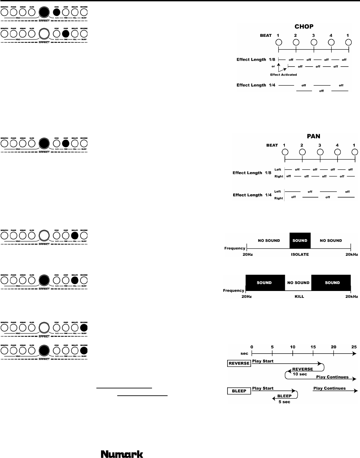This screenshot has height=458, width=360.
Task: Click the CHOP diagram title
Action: pyautogui.click(x=304, y=27)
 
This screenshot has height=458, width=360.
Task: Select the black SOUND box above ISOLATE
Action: pyautogui.click(x=300, y=241)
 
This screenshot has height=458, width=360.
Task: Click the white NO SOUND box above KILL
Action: pyautogui.click(x=298, y=283)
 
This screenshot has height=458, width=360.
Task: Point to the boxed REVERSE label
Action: pyautogui.click(x=239, y=363)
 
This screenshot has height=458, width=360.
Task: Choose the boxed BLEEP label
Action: pyautogui.click(x=239, y=391)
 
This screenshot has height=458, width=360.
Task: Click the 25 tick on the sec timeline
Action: pyautogui.click(x=354, y=347)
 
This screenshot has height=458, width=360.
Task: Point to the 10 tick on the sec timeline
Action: pyautogui.click(x=293, y=347)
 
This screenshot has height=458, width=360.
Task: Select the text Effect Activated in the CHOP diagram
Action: pyautogui.click(x=283, y=75)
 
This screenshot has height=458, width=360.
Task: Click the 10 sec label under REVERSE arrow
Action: pyautogui.click(x=300, y=374)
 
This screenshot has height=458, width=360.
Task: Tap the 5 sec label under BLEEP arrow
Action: pyautogui.click(x=284, y=402)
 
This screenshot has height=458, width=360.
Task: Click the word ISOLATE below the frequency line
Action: pyautogui.click(x=299, y=255)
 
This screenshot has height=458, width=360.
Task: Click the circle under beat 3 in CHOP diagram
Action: pyautogui.click(x=314, y=42)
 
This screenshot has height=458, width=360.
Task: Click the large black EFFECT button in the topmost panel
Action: pyautogui.click(x=44, y=12)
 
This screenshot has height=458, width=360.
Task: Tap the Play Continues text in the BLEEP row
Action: pyautogui.click(x=329, y=388)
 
